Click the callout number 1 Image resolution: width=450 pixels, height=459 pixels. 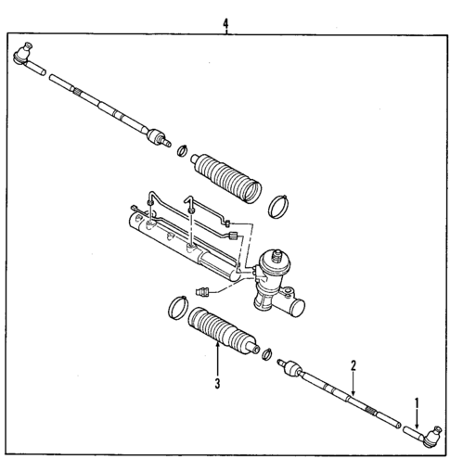pos(417,403)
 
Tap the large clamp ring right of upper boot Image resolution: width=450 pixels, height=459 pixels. pos(279,206)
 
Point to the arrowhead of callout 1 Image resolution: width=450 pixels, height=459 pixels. pos(417,426)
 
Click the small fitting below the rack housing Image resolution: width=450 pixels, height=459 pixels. pos(202,289)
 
